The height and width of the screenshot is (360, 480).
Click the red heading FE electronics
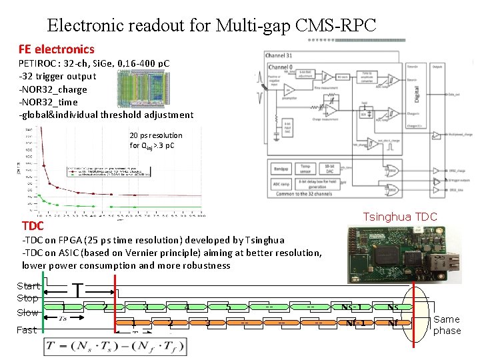coord(57,49)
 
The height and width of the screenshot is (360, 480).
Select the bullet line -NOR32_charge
coord(53,89)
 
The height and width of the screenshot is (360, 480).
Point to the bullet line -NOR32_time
coord(48,102)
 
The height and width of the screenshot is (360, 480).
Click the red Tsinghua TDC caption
coord(399,217)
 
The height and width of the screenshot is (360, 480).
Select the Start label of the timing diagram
coord(28,286)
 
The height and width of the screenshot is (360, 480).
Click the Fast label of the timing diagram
coord(27,330)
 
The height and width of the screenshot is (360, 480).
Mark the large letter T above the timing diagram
coord(78,291)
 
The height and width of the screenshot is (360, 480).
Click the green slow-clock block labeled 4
coord(187,307)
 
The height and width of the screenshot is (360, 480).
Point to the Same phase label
coord(447,325)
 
